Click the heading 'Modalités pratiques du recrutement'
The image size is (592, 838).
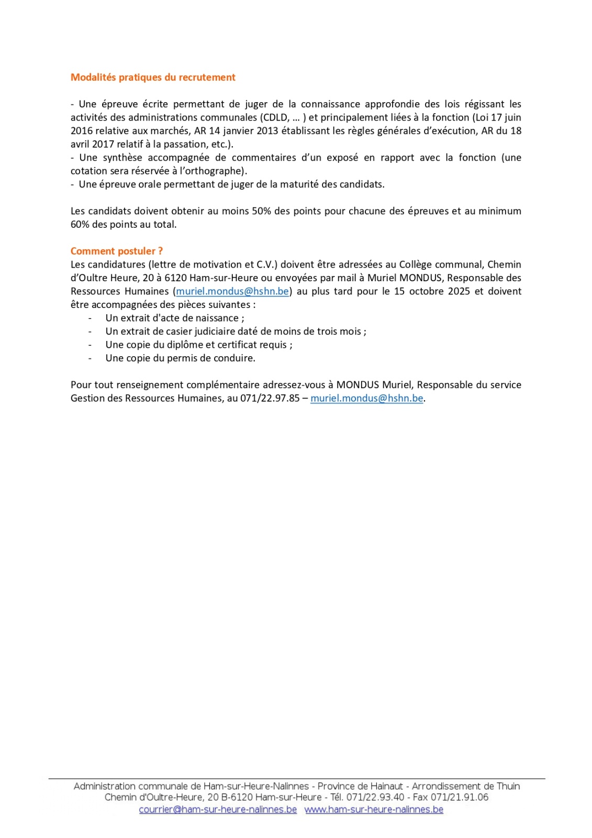[x=153, y=78]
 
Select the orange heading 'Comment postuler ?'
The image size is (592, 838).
[x=116, y=251]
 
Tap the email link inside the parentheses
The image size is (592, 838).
[x=232, y=292]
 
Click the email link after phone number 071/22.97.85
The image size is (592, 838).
[x=366, y=399]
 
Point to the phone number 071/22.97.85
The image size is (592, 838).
[x=270, y=399]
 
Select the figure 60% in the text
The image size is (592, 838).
[x=80, y=225]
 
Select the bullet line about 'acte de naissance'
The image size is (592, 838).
[x=174, y=318]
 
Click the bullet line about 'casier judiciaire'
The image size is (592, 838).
[x=236, y=332]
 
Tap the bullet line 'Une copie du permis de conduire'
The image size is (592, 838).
[x=180, y=358]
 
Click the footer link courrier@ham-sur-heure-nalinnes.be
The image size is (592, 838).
[x=218, y=810]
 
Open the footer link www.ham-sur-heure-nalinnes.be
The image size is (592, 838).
[x=374, y=810]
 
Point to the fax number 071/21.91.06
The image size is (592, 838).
[x=460, y=798]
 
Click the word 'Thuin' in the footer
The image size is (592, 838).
[x=508, y=786]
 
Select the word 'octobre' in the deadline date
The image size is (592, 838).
[x=426, y=292]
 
